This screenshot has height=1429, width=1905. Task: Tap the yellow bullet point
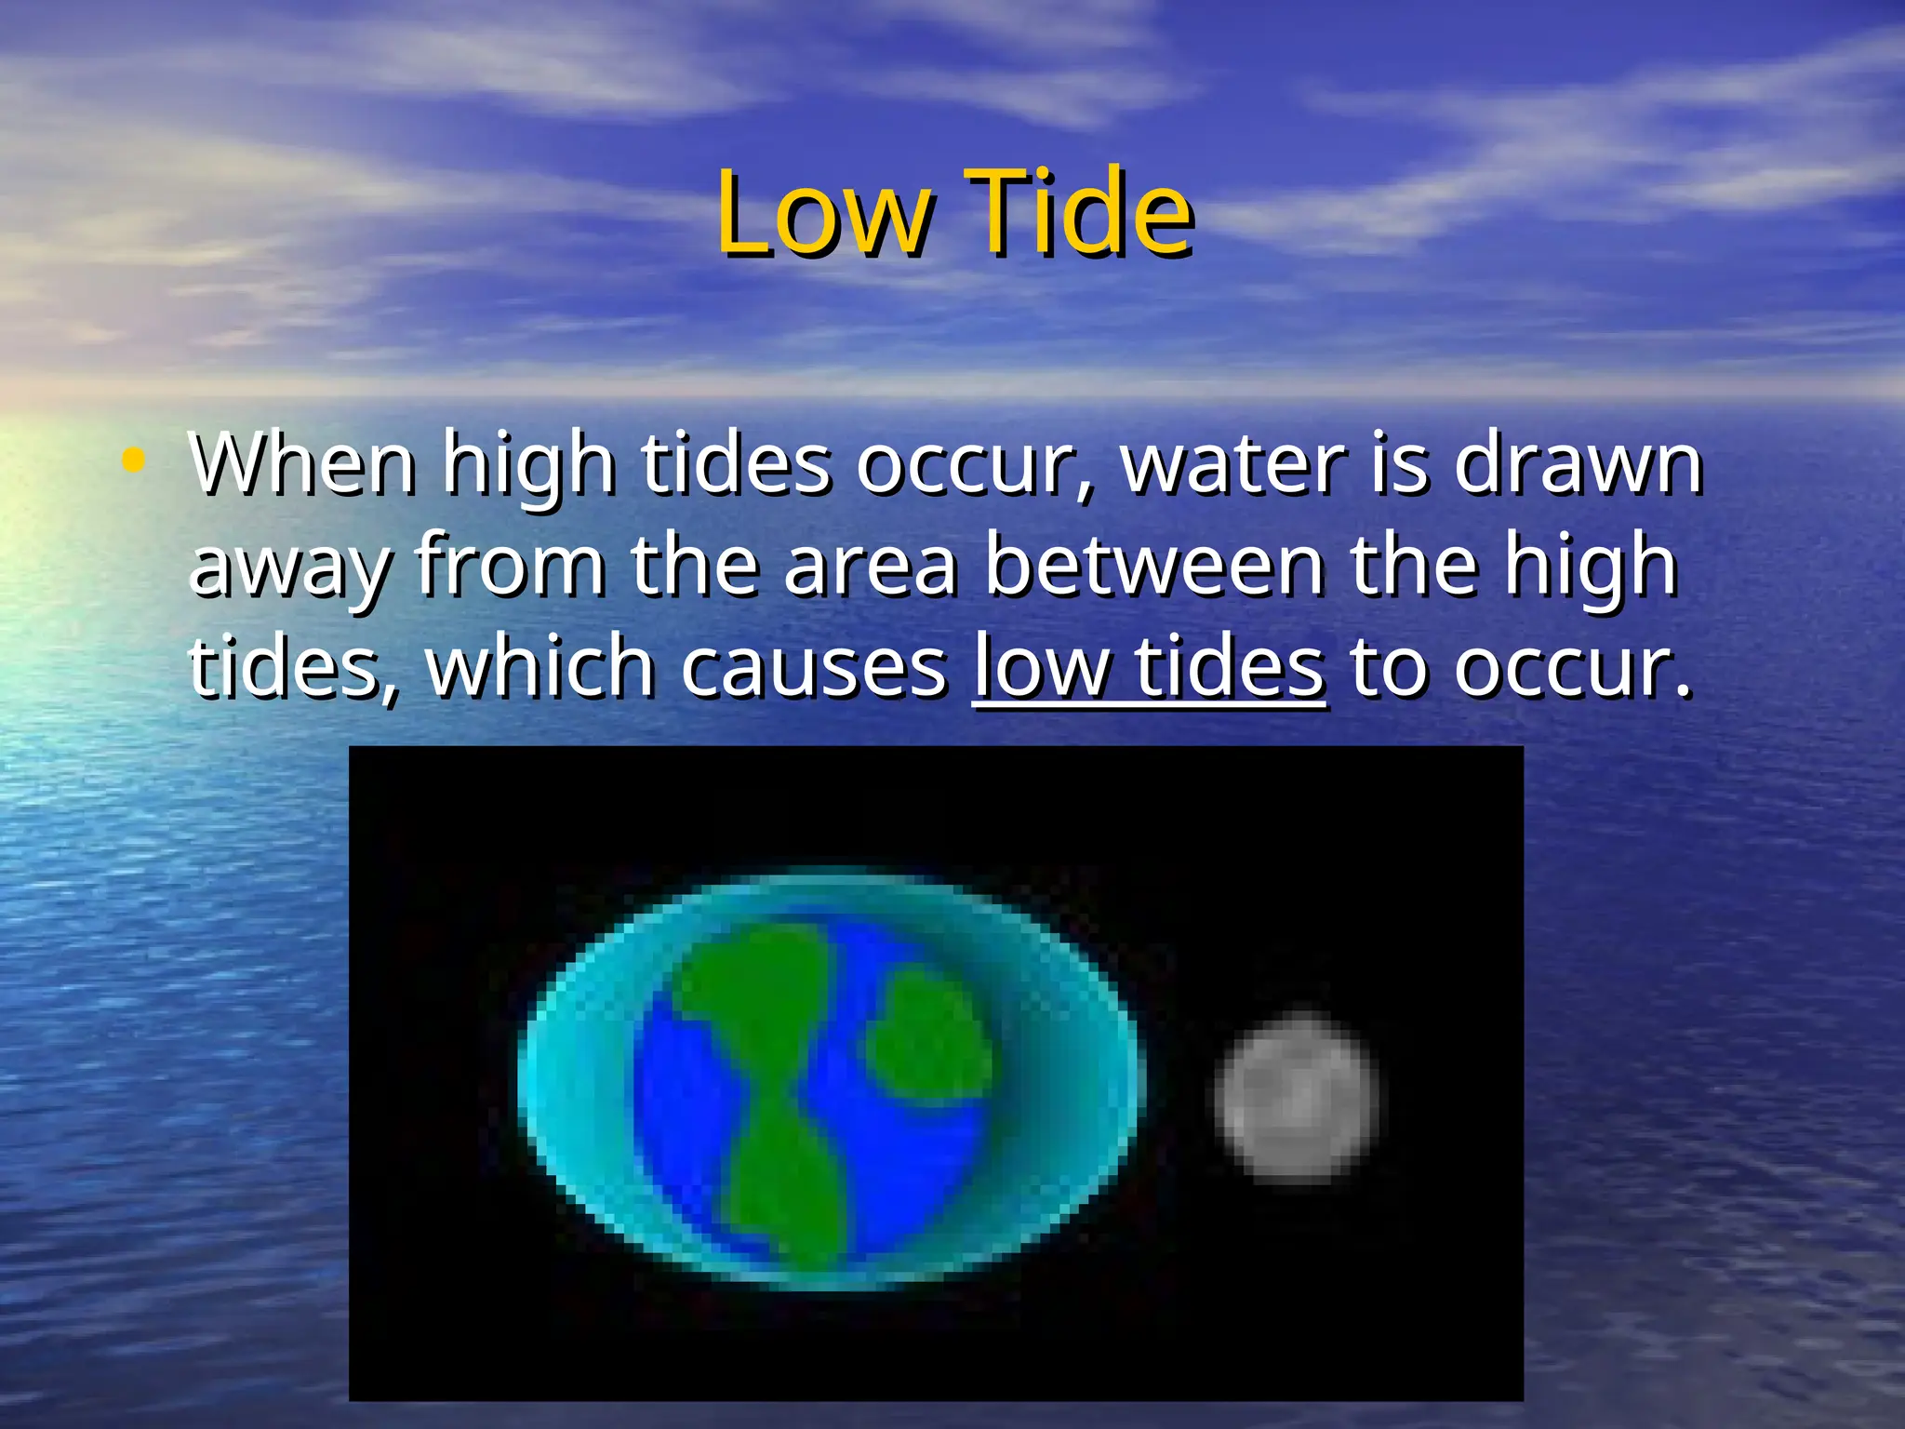coord(134,460)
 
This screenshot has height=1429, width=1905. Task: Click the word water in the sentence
coord(1232,463)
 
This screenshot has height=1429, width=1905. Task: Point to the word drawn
coord(1578,463)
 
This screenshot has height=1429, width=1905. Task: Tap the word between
coord(1153,565)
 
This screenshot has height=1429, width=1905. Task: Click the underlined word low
coord(1041,667)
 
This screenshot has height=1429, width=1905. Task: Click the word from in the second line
coord(510,565)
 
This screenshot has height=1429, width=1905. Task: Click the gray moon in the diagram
coord(1296,1095)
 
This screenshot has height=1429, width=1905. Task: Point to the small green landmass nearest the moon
coord(930,1033)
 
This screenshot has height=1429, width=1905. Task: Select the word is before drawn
coord(1399,463)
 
